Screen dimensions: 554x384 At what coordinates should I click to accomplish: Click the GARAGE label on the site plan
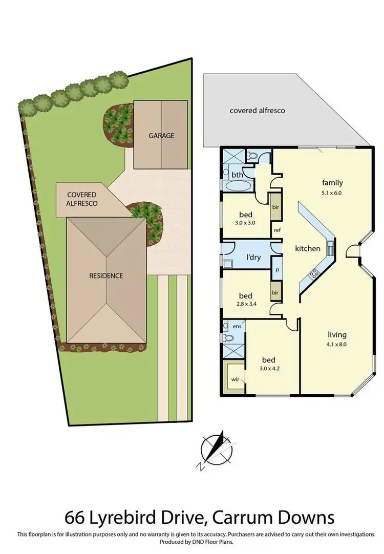click(161, 136)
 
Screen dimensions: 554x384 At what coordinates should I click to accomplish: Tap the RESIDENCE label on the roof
click(106, 275)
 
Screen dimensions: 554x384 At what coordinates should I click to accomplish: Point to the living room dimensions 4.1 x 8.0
click(337, 345)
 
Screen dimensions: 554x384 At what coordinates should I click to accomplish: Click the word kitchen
click(308, 249)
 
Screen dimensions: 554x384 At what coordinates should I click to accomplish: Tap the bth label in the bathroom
click(237, 175)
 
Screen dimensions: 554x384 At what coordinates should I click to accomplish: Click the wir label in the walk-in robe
click(236, 380)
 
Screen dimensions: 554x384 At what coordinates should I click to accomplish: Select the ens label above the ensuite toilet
click(237, 326)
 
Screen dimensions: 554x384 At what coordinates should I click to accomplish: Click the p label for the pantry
click(277, 269)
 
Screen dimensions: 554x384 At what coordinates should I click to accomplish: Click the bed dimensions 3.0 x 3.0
click(246, 223)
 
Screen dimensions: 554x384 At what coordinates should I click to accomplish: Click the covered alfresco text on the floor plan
click(257, 110)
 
